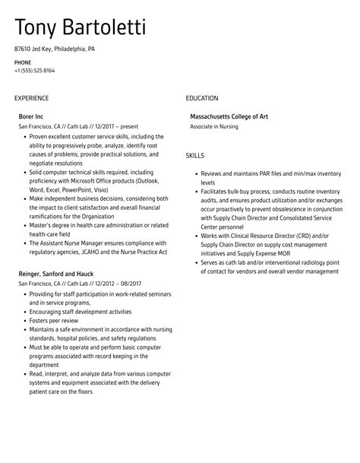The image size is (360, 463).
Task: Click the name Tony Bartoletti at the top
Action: (81, 28)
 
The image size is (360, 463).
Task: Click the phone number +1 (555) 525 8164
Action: (34, 70)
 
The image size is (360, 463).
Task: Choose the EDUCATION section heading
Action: (202, 98)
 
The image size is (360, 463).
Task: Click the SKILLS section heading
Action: (194, 155)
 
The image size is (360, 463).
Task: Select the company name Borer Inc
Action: (31, 116)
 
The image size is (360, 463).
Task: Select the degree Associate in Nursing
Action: (219, 126)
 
